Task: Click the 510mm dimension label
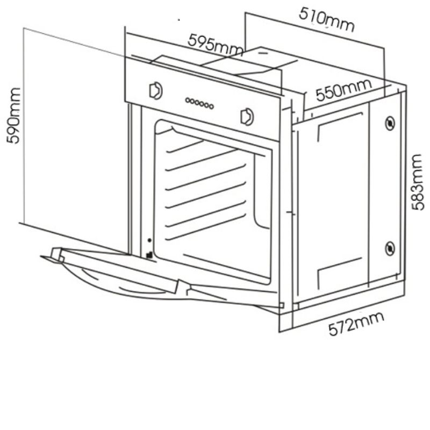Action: tap(326, 19)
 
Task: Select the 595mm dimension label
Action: tap(216, 45)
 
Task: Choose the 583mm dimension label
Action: tap(418, 182)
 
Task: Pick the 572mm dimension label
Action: tap(356, 324)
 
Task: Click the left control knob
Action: tap(156, 90)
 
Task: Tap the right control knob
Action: tap(247, 117)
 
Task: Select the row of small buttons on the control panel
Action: tap(199, 103)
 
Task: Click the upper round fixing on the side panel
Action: tap(390, 123)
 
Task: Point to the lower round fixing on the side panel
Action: tap(390, 248)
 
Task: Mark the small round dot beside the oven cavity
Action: tap(149, 240)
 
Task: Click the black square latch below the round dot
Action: tap(149, 255)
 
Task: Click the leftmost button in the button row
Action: tap(188, 100)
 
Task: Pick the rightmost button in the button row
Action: tap(211, 106)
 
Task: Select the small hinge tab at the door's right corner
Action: tap(281, 305)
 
